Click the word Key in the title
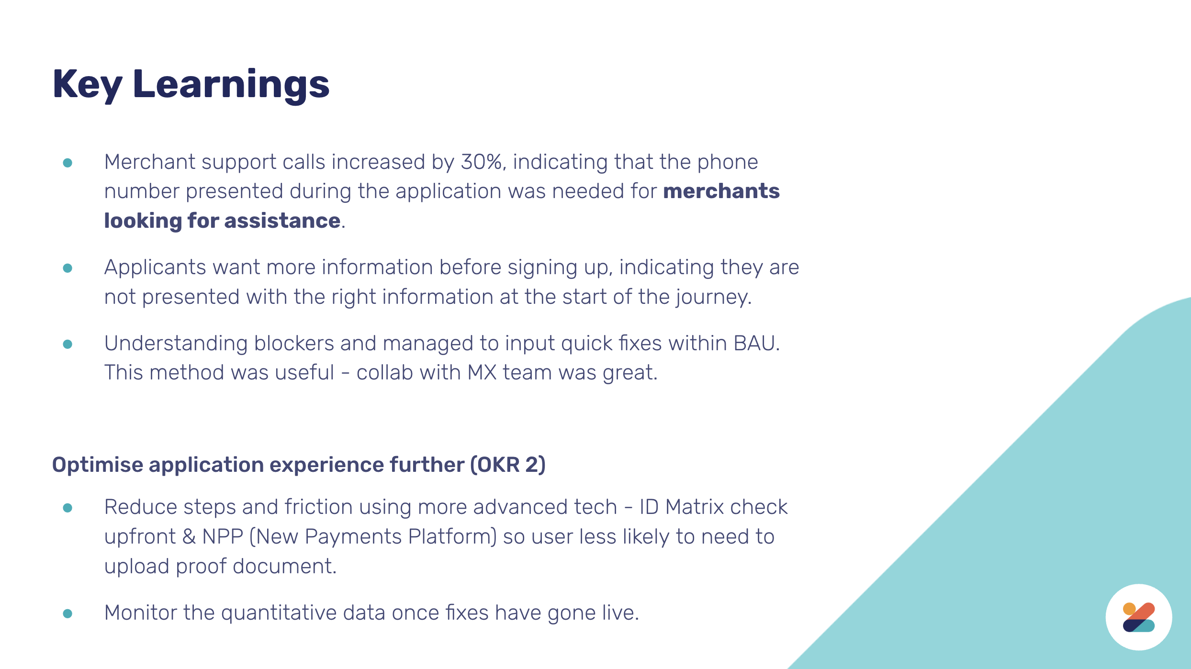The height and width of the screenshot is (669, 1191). (88, 85)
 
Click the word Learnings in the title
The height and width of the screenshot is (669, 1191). (231, 85)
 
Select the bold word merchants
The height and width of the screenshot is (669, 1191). (721, 191)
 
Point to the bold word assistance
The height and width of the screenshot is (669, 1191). (282, 221)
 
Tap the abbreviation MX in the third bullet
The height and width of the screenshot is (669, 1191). (482, 372)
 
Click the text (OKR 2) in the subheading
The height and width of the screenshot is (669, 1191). (508, 465)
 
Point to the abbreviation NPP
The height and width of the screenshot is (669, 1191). (223, 536)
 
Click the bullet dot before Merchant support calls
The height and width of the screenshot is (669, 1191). (67, 163)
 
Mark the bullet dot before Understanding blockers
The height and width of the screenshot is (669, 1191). (67, 344)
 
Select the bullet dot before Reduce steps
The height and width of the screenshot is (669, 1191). (67, 508)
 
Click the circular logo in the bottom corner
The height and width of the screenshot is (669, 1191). (1139, 617)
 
